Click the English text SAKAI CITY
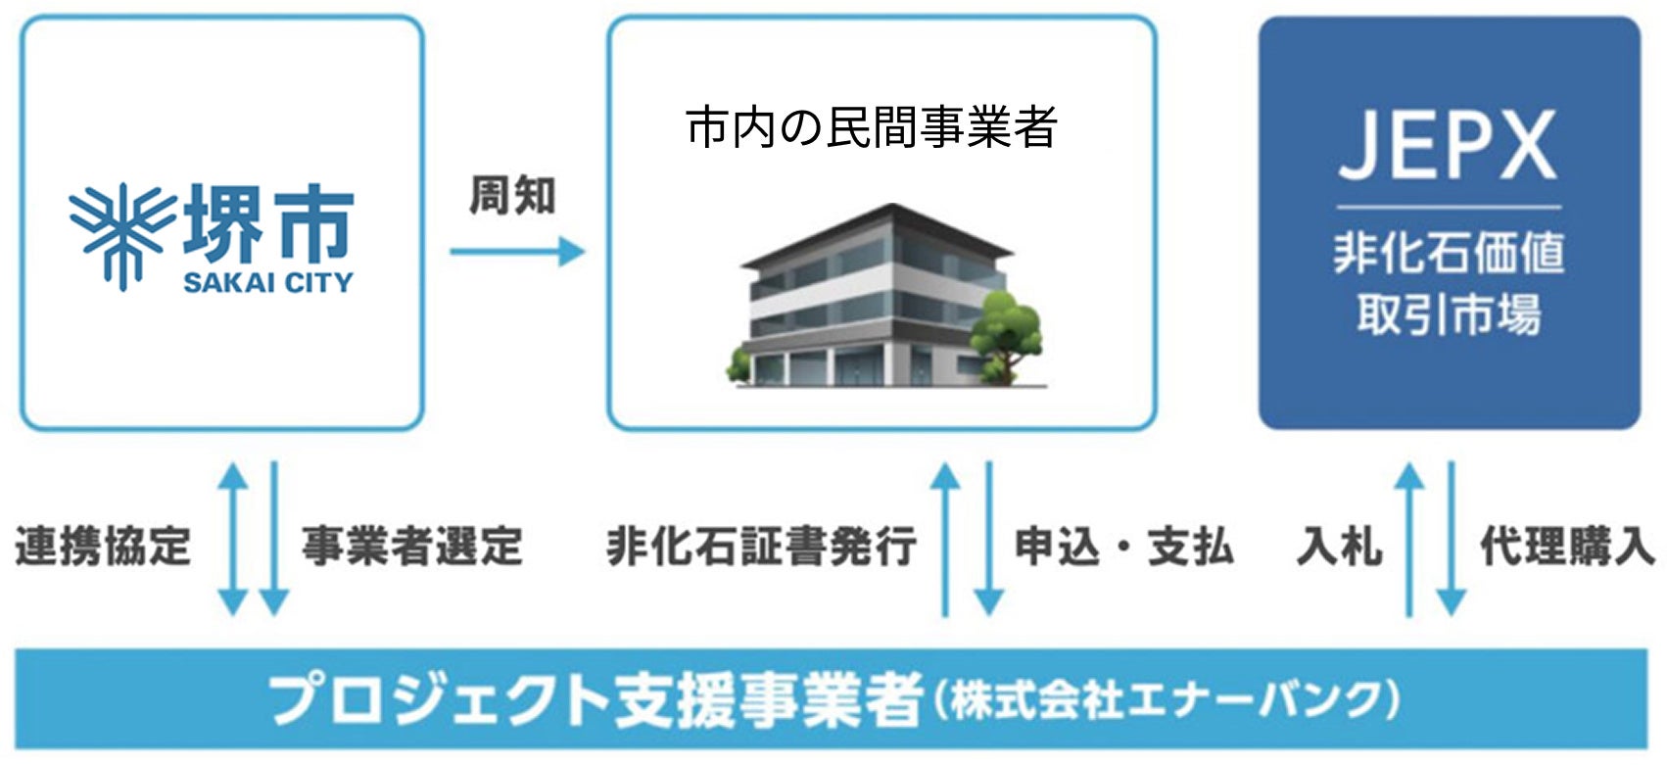[x=267, y=283]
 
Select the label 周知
[x=511, y=197]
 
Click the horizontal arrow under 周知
[x=516, y=252]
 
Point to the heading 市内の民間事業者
[x=871, y=128]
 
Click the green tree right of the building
[x=1005, y=329]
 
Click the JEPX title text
[x=1448, y=146]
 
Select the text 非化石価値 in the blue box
[x=1448, y=253]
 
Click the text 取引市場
[x=1448, y=313]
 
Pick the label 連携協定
[x=103, y=546]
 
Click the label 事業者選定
[x=411, y=546]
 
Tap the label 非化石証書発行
[x=761, y=546]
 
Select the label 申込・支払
[x=1122, y=546]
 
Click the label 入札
[x=1339, y=546]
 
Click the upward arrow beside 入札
[x=1408, y=539]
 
